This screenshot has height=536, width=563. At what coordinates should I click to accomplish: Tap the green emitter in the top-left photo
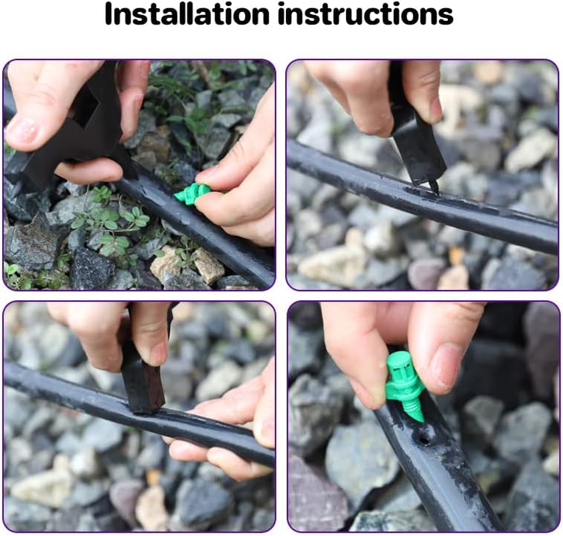coord(191,194)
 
